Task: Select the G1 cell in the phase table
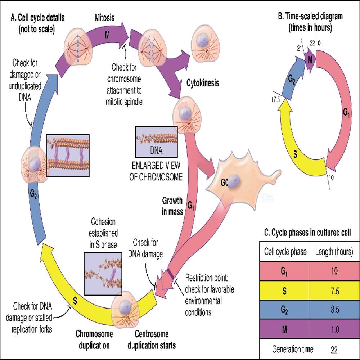[x=284, y=271]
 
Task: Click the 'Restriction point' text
[x=210, y=278]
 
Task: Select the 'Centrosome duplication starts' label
[x=153, y=340]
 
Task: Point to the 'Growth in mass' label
[x=172, y=206]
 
